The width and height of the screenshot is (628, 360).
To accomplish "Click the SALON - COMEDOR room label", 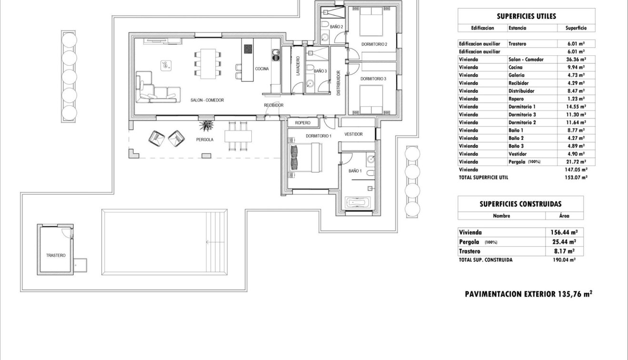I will click(207, 100).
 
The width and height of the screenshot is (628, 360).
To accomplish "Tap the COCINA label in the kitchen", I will click(262, 69).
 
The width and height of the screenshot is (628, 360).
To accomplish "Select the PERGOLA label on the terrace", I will click(205, 140).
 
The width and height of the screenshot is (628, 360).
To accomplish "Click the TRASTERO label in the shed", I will click(56, 256).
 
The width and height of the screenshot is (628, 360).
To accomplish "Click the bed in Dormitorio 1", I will click(305, 158).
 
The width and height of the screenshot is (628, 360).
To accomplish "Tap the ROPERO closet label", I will click(302, 123).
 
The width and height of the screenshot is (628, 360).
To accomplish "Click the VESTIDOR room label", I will click(353, 134).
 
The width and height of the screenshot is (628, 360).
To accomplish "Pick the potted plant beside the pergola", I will click(208, 126).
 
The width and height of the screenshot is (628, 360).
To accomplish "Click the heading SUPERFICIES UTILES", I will click(526, 16).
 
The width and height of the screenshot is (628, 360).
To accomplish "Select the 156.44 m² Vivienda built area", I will click(564, 232).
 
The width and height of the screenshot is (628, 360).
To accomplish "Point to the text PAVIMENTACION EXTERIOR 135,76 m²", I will click(528, 294).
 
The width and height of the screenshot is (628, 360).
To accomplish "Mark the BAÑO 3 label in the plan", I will click(320, 71).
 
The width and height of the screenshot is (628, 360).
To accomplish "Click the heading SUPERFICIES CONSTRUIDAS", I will click(520, 204).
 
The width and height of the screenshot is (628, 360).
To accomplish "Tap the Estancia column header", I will click(517, 28).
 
